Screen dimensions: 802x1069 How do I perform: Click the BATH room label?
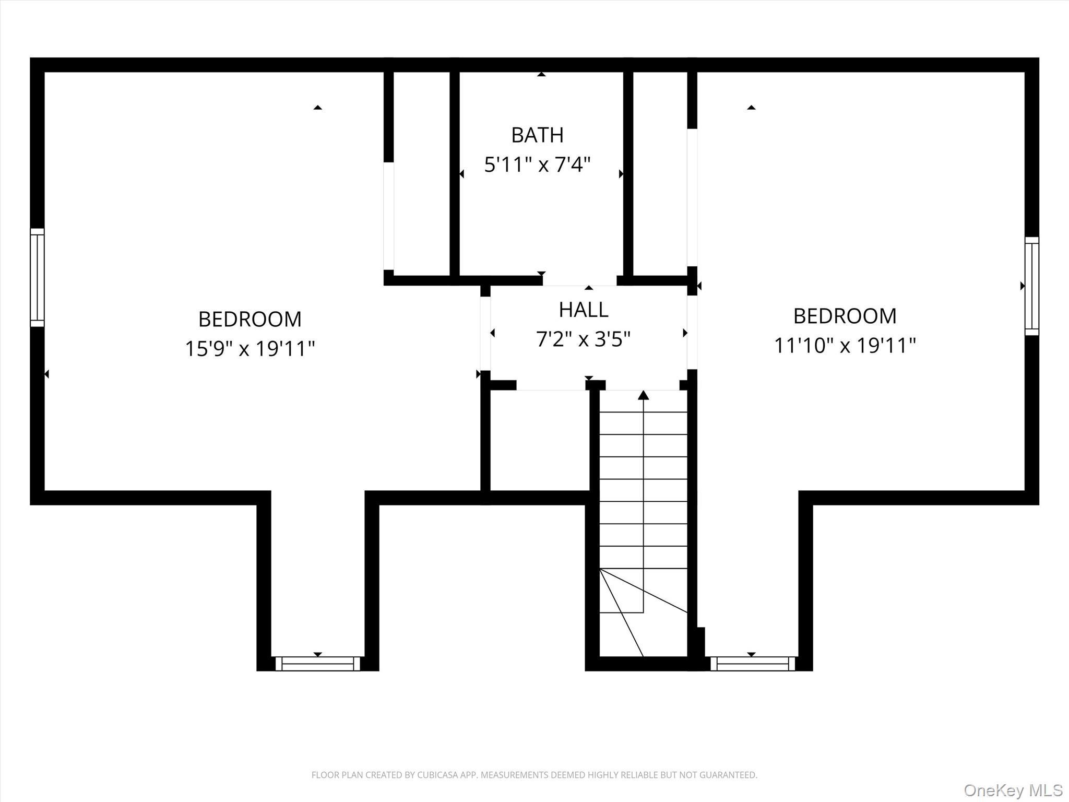click(537, 135)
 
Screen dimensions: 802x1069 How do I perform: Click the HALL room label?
click(583, 310)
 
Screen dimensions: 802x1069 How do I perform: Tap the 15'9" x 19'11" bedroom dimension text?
click(250, 348)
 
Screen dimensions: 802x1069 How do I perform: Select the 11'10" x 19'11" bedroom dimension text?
click(845, 345)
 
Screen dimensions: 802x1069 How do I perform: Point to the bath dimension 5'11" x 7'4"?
click(537, 165)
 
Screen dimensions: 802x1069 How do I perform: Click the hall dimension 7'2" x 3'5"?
click(583, 339)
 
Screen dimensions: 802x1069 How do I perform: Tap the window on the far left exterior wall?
click(37, 277)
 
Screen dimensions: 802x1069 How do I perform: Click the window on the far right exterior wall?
click(1031, 286)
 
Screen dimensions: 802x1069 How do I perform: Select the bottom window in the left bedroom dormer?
click(317, 664)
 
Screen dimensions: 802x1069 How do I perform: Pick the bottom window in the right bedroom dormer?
click(752, 664)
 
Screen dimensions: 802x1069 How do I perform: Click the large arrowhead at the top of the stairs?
click(644, 395)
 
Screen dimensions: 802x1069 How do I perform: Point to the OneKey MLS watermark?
click(1013, 790)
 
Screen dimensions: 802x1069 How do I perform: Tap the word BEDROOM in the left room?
click(250, 319)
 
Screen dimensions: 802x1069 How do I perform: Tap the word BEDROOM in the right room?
click(845, 316)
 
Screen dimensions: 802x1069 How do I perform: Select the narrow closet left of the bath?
click(421, 172)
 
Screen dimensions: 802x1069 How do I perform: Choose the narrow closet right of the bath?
click(660, 172)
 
